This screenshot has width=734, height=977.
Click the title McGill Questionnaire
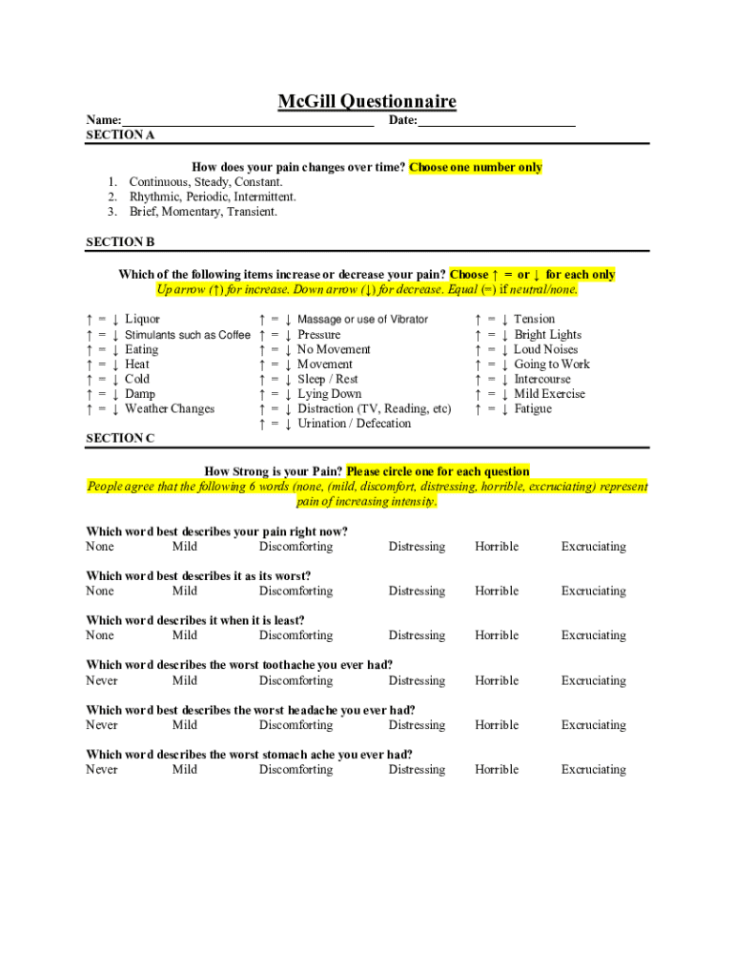click(x=367, y=101)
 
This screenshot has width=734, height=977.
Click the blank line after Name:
click(x=247, y=122)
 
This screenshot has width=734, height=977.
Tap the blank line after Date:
click(x=497, y=122)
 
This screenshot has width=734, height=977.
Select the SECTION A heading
click(x=120, y=135)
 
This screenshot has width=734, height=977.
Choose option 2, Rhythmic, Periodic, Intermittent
click(x=213, y=197)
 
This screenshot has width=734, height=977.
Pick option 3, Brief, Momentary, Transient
click(x=203, y=212)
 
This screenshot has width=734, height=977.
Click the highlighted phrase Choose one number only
click(x=476, y=167)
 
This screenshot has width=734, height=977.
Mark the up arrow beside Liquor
click(x=89, y=320)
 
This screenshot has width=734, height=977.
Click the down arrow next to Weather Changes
click(x=114, y=409)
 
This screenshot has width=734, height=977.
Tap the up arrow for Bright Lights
click(x=478, y=335)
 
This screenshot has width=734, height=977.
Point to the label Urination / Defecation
click(x=354, y=424)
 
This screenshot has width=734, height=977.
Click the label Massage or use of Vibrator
click(x=362, y=320)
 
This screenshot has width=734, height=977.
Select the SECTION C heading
click(x=120, y=438)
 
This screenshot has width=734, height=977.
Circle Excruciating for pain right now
click(x=593, y=547)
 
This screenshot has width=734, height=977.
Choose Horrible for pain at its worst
click(x=497, y=591)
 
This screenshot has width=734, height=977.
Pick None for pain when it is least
click(x=100, y=635)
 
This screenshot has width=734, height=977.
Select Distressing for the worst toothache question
click(x=417, y=680)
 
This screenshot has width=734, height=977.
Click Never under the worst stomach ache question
click(x=102, y=769)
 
